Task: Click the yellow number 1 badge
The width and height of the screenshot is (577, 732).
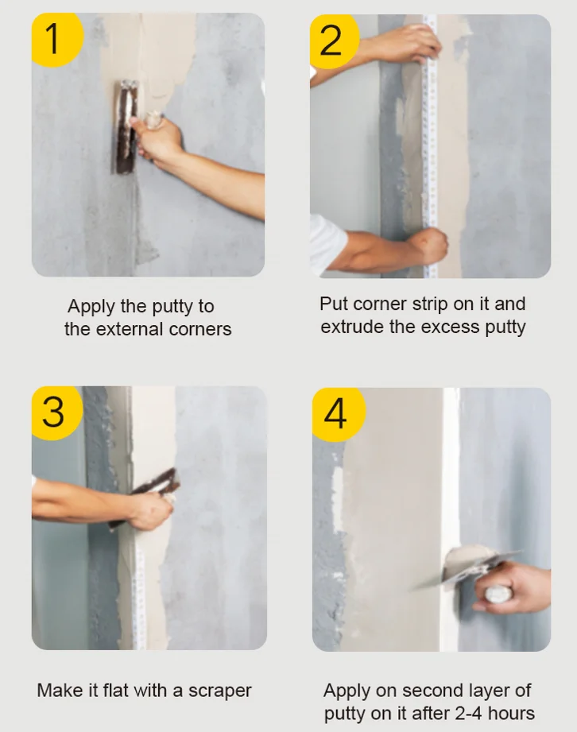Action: [53, 37]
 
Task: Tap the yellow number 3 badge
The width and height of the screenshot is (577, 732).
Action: [53, 412]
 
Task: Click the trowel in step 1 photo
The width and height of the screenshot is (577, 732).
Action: [125, 127]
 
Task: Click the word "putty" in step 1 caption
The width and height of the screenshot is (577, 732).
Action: [170, 307]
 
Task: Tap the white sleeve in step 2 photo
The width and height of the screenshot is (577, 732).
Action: [327, 242]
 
